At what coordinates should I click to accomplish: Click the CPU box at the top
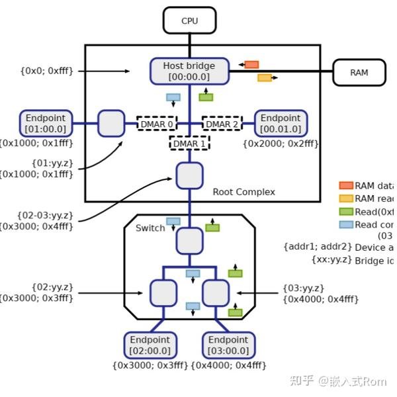(x=189, y=21)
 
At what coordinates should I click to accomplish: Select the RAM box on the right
(x=359, y=72)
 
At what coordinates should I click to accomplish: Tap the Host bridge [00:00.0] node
(x=189, y=71)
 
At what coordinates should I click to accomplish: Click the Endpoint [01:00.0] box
(x=45, y=123)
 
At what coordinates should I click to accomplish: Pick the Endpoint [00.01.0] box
(x=280, y=123)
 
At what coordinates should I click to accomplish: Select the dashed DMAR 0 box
(x=157, y=124)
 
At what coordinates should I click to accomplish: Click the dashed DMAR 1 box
(x=190, y=143)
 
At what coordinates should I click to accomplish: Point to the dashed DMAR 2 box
(x=222, y=124)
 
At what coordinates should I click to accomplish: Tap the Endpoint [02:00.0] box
(x=151, y=345)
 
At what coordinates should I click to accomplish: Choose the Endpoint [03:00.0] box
(x=228, y=345)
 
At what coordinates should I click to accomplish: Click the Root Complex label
(x=243, y=192)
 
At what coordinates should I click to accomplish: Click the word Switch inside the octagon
(x=150, y=228)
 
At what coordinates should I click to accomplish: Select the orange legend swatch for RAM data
(x=346, y=186)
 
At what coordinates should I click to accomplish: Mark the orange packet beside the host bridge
(x=251, y=65)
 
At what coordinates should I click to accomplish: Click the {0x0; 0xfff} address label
(x=46, y=71)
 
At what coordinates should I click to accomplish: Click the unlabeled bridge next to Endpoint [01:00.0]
(x=111, y=123)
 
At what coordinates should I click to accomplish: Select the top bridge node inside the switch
(x=189, y=241)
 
